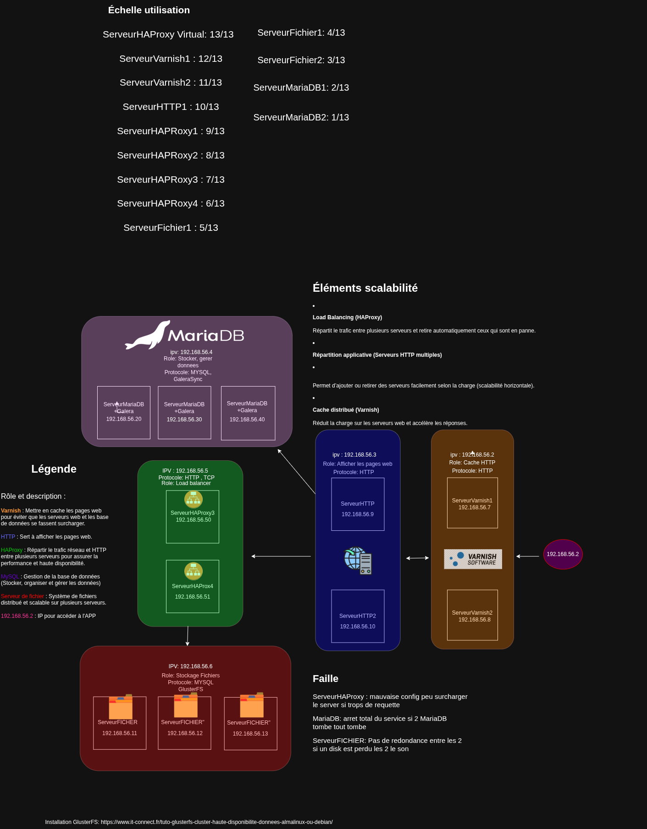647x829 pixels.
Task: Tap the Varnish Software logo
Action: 473,559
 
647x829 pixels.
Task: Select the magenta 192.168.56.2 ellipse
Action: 563,554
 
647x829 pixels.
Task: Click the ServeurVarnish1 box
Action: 472,503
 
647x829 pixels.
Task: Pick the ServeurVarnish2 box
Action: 472,615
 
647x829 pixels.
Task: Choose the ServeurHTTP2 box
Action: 358,616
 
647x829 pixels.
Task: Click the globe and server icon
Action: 358,561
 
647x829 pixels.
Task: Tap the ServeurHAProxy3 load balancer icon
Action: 193,499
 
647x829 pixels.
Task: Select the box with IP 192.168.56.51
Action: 193,586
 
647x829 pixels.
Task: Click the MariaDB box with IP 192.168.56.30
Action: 184,413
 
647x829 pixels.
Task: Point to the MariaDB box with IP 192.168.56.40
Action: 248,413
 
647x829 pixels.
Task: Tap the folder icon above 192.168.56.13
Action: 252,705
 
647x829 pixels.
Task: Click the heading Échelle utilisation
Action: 149,10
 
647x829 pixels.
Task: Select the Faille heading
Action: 326,679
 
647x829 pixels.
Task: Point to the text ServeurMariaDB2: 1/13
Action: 301,117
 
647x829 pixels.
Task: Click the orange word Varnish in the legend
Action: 11,511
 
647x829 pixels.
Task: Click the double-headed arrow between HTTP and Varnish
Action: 417,558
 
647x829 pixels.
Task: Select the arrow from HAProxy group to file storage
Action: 188,636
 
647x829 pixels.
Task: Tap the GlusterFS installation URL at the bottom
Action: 216,822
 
